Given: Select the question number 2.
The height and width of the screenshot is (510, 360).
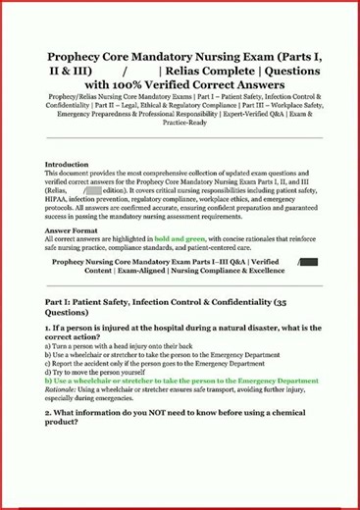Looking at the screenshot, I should point(49,415).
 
